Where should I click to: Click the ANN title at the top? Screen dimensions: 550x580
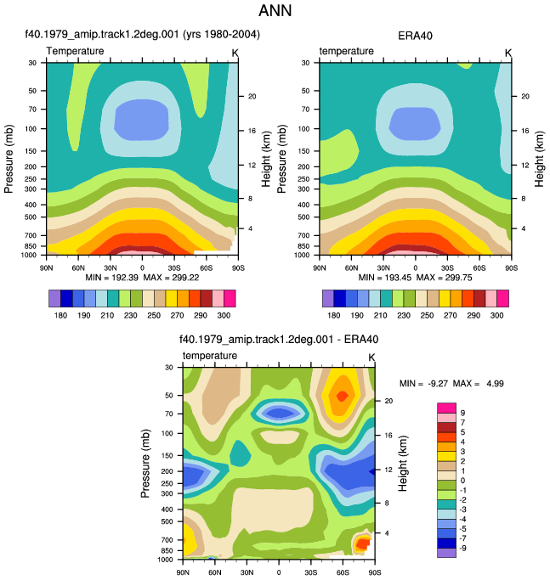[x=275, y=10]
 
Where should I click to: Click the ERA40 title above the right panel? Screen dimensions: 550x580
[x=415, y=36]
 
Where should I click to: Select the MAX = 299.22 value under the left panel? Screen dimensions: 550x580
[x=171, y=278]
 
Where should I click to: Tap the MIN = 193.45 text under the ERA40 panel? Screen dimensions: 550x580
[x=385, y=278]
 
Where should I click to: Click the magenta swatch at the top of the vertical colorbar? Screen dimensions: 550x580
[x=446, y=408]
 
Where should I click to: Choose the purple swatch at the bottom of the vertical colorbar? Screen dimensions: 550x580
[x=446, y=553]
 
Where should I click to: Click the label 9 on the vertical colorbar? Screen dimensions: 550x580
[x=462, y=413]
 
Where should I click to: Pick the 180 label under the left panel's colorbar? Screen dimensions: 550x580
[x=60, y=315]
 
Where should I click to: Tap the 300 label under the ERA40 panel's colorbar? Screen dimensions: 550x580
[x=496, y=315]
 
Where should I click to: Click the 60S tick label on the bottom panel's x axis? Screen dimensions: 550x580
[x=343, y=572]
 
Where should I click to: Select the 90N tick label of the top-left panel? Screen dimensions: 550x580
[x=46, y=267]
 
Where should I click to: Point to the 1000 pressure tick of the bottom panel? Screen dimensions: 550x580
[x=165, y=560]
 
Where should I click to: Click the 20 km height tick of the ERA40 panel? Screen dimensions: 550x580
[x=525, y=96]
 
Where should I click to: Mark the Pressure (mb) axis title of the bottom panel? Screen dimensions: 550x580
[x=145, y=464]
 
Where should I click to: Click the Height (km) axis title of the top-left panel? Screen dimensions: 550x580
[x=266, y=159]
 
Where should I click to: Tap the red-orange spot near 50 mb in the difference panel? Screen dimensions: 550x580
[x=343, y=396]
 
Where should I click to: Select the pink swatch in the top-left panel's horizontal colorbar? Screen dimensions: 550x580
[x=218, y=299]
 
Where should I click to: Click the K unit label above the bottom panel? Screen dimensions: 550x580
[x=371, y=358]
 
